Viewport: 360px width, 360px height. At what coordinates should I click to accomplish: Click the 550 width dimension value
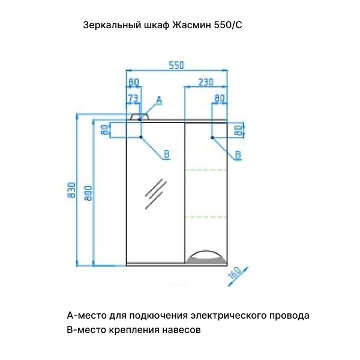click(x=176, y=65)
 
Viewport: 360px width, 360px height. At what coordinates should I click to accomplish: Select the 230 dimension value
click(x=206, y=82)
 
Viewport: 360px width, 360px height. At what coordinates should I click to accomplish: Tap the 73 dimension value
click(x=133, y=98)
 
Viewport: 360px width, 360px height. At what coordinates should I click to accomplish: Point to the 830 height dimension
click(x=71, y=190)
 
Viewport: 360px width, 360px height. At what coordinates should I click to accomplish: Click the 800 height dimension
click(x=88, y=193)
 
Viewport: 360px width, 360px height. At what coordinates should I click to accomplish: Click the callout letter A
click(x=159, y=100)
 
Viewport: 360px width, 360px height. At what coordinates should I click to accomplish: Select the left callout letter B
click(x=167, y=154)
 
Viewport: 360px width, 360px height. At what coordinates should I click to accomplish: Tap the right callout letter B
click(x=238, y=155)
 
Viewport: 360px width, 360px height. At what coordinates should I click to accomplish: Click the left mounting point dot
click(x=141, y=137)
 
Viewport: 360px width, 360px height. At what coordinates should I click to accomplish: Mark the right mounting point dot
click(x=212, y=137)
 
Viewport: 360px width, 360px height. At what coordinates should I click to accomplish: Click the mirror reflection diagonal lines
click(x=155, y=194)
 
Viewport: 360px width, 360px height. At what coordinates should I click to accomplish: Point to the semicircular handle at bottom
click(x=206, y=256)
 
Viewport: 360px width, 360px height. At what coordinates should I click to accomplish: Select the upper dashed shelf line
click(x=206, y=170)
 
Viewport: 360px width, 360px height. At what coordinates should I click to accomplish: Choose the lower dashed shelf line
click(x=206, y=217)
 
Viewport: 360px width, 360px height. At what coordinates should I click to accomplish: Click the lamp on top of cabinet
click(x=140, y=116)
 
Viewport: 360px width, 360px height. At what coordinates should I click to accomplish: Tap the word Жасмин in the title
click(x=191, y=25)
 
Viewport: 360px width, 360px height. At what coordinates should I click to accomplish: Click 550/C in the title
click(x=228, y=25)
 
